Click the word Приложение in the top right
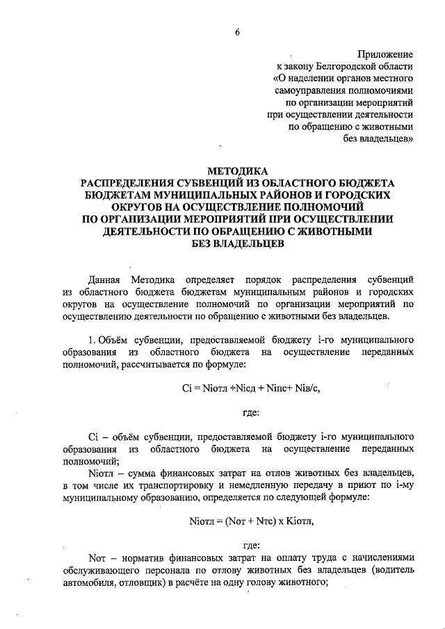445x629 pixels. (x=386, y=54)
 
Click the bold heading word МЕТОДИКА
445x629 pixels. (x=236, y=170)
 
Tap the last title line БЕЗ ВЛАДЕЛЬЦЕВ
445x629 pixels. (x=236, y=244)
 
